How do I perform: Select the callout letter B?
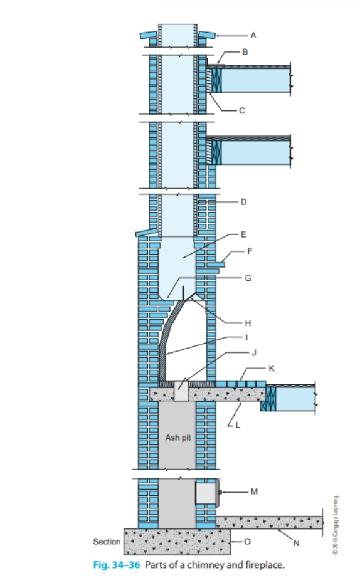(245, 52)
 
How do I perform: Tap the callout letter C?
(241, 110)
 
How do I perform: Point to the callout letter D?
(243, 202)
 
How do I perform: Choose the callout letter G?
(248, 276)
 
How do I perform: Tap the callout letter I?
(247, 337)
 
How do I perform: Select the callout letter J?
(255, 353)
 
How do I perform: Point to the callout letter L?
(236, 426)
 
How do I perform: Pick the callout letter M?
(254, 491)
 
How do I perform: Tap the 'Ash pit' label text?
(177, 438)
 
